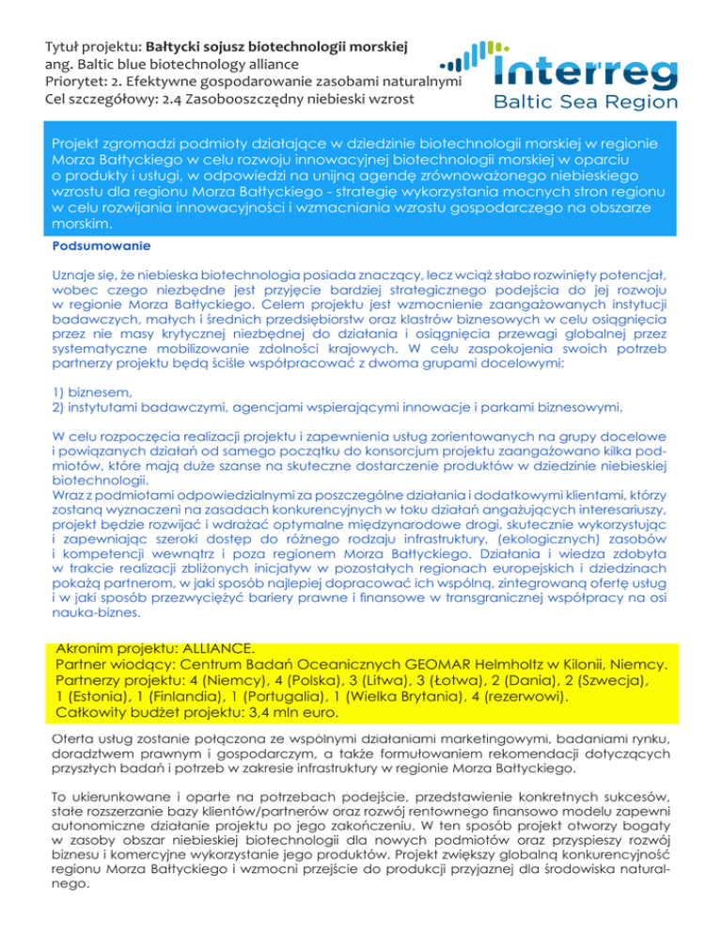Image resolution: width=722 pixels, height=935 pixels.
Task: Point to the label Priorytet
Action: tap(78, 83)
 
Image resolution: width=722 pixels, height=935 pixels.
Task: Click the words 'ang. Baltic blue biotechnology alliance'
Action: tap(173, 64)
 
